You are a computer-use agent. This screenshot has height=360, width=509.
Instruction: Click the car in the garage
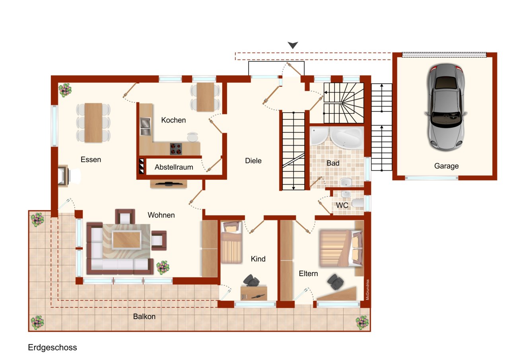click(x=445, y=107)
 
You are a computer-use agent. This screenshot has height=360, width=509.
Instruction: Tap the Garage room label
click(x=446, y=166)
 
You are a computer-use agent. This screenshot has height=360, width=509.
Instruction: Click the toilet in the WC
click(x=357, y=204)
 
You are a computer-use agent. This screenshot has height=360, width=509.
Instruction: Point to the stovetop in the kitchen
click(x=176, y=148)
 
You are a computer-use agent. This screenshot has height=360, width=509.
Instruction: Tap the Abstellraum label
click(x=174, y=167)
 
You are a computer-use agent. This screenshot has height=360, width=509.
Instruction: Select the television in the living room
click(x=169, y=184)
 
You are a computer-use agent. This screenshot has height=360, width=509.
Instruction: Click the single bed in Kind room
click(x=231, y=243)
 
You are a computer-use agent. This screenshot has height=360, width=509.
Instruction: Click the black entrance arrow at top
click(x=293, y=45)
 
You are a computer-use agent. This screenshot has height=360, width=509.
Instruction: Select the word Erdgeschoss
click(x=52, y=347)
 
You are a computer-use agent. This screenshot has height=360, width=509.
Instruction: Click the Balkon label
click(x=144, y=317)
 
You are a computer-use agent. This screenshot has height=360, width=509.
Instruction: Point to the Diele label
click(x=253, y=161)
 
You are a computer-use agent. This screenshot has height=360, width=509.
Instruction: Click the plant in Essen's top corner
click(x=64, y=90)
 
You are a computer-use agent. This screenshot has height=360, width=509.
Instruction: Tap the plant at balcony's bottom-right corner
click(x=362, y=322)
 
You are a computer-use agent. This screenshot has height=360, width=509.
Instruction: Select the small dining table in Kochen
click(x=205, y=97)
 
